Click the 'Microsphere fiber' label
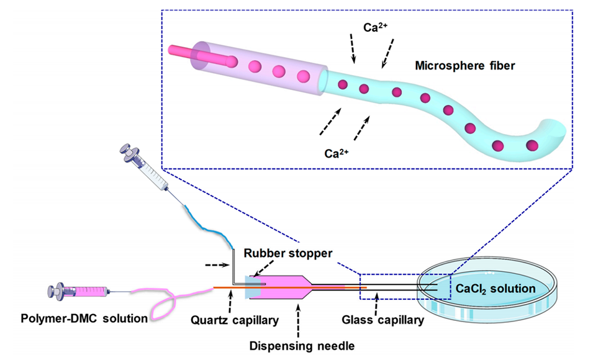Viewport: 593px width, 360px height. pos(464,65)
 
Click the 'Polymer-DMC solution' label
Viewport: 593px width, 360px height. pos(84,318)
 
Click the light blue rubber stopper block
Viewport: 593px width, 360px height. pos(255,287)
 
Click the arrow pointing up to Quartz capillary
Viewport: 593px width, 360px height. pos(230,304)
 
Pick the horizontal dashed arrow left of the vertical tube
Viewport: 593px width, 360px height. pos(216,266)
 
